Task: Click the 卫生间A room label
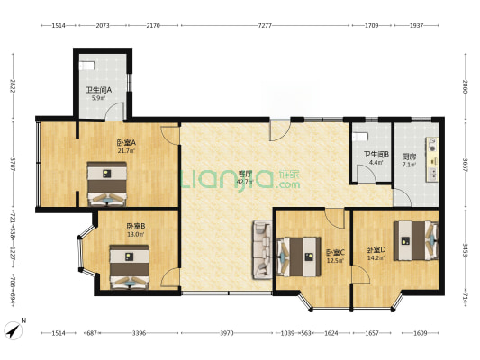[98, 90]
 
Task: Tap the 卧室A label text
[125, 143]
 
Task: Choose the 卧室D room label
[375, 250]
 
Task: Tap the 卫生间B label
[376, 155]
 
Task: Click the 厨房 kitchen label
[409, 156]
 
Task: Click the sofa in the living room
[261, 248]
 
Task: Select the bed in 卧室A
[106, 184]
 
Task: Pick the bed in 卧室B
[130, 267]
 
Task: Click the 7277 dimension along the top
[264, 26]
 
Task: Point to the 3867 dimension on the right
[464, 166]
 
